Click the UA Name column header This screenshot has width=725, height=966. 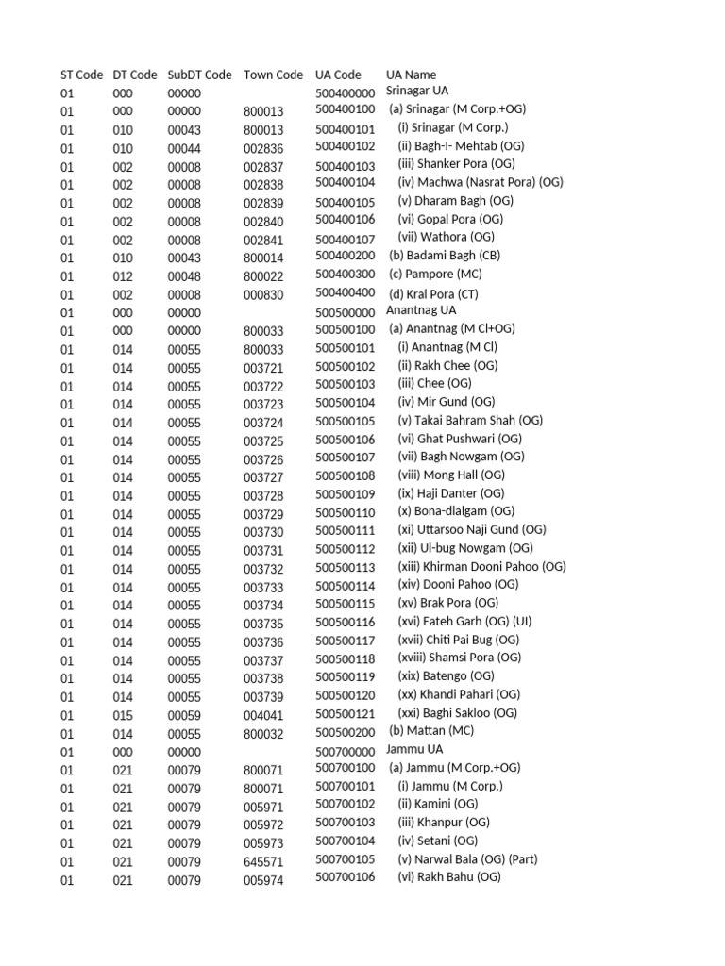pos(411,75)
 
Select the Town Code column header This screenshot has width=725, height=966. pos(273,75)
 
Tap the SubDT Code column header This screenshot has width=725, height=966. pos(199,75)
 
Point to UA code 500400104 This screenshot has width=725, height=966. pos(345,182)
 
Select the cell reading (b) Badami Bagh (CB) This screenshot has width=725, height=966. pos(445,255)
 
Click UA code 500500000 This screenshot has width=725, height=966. pos(345,312)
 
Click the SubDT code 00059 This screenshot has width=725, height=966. pos(184,715)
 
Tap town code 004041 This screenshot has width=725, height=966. pos(263,715)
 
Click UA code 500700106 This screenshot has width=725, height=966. pos(345,877)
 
